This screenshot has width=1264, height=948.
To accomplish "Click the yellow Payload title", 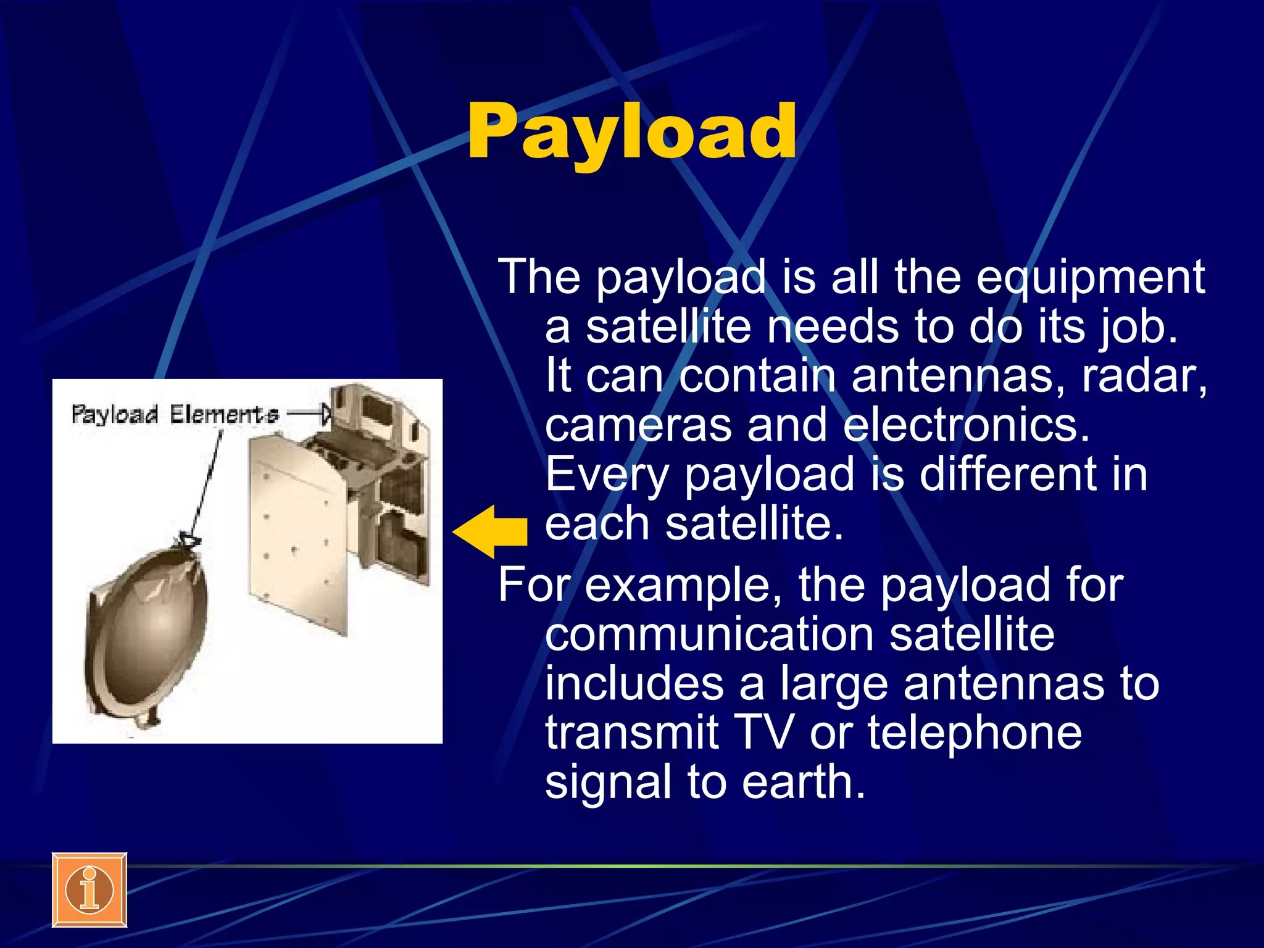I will [x=631, y=131].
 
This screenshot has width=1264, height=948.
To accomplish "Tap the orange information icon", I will [x=89, y=890].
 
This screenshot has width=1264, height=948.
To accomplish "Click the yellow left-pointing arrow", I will [x=491, y=531].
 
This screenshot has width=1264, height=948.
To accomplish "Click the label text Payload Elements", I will [x=174, y=414].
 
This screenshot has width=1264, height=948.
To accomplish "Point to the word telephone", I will [x=975, y=733].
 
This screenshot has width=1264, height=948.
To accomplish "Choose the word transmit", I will [x=631, y=733].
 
